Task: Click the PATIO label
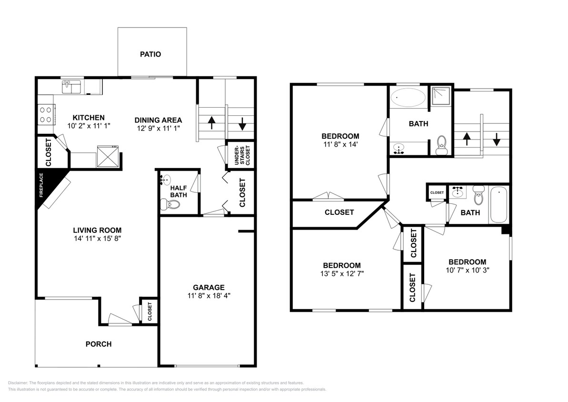[150, 54]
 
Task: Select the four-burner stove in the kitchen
[46, 114]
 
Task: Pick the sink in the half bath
[165, 180]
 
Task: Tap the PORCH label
[99, 344]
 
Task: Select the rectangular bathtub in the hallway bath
[499, 205]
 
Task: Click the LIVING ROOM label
[97, 230]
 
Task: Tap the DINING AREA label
[158, 120]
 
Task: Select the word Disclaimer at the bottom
[18, 383]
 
